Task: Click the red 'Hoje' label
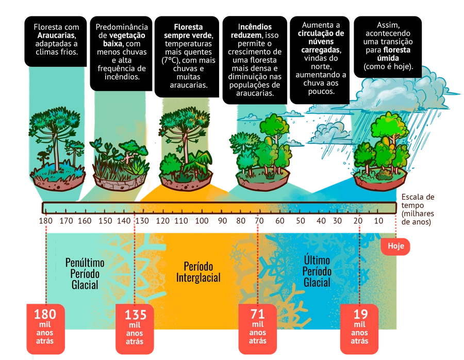tap(396, 247)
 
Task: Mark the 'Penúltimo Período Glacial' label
tap(82, 273)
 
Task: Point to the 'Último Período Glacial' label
tap(317, 271)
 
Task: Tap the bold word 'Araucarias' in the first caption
tap(56, 35)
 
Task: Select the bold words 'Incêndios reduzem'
tap(255, 31)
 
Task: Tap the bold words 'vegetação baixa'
tap(124, 40)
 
